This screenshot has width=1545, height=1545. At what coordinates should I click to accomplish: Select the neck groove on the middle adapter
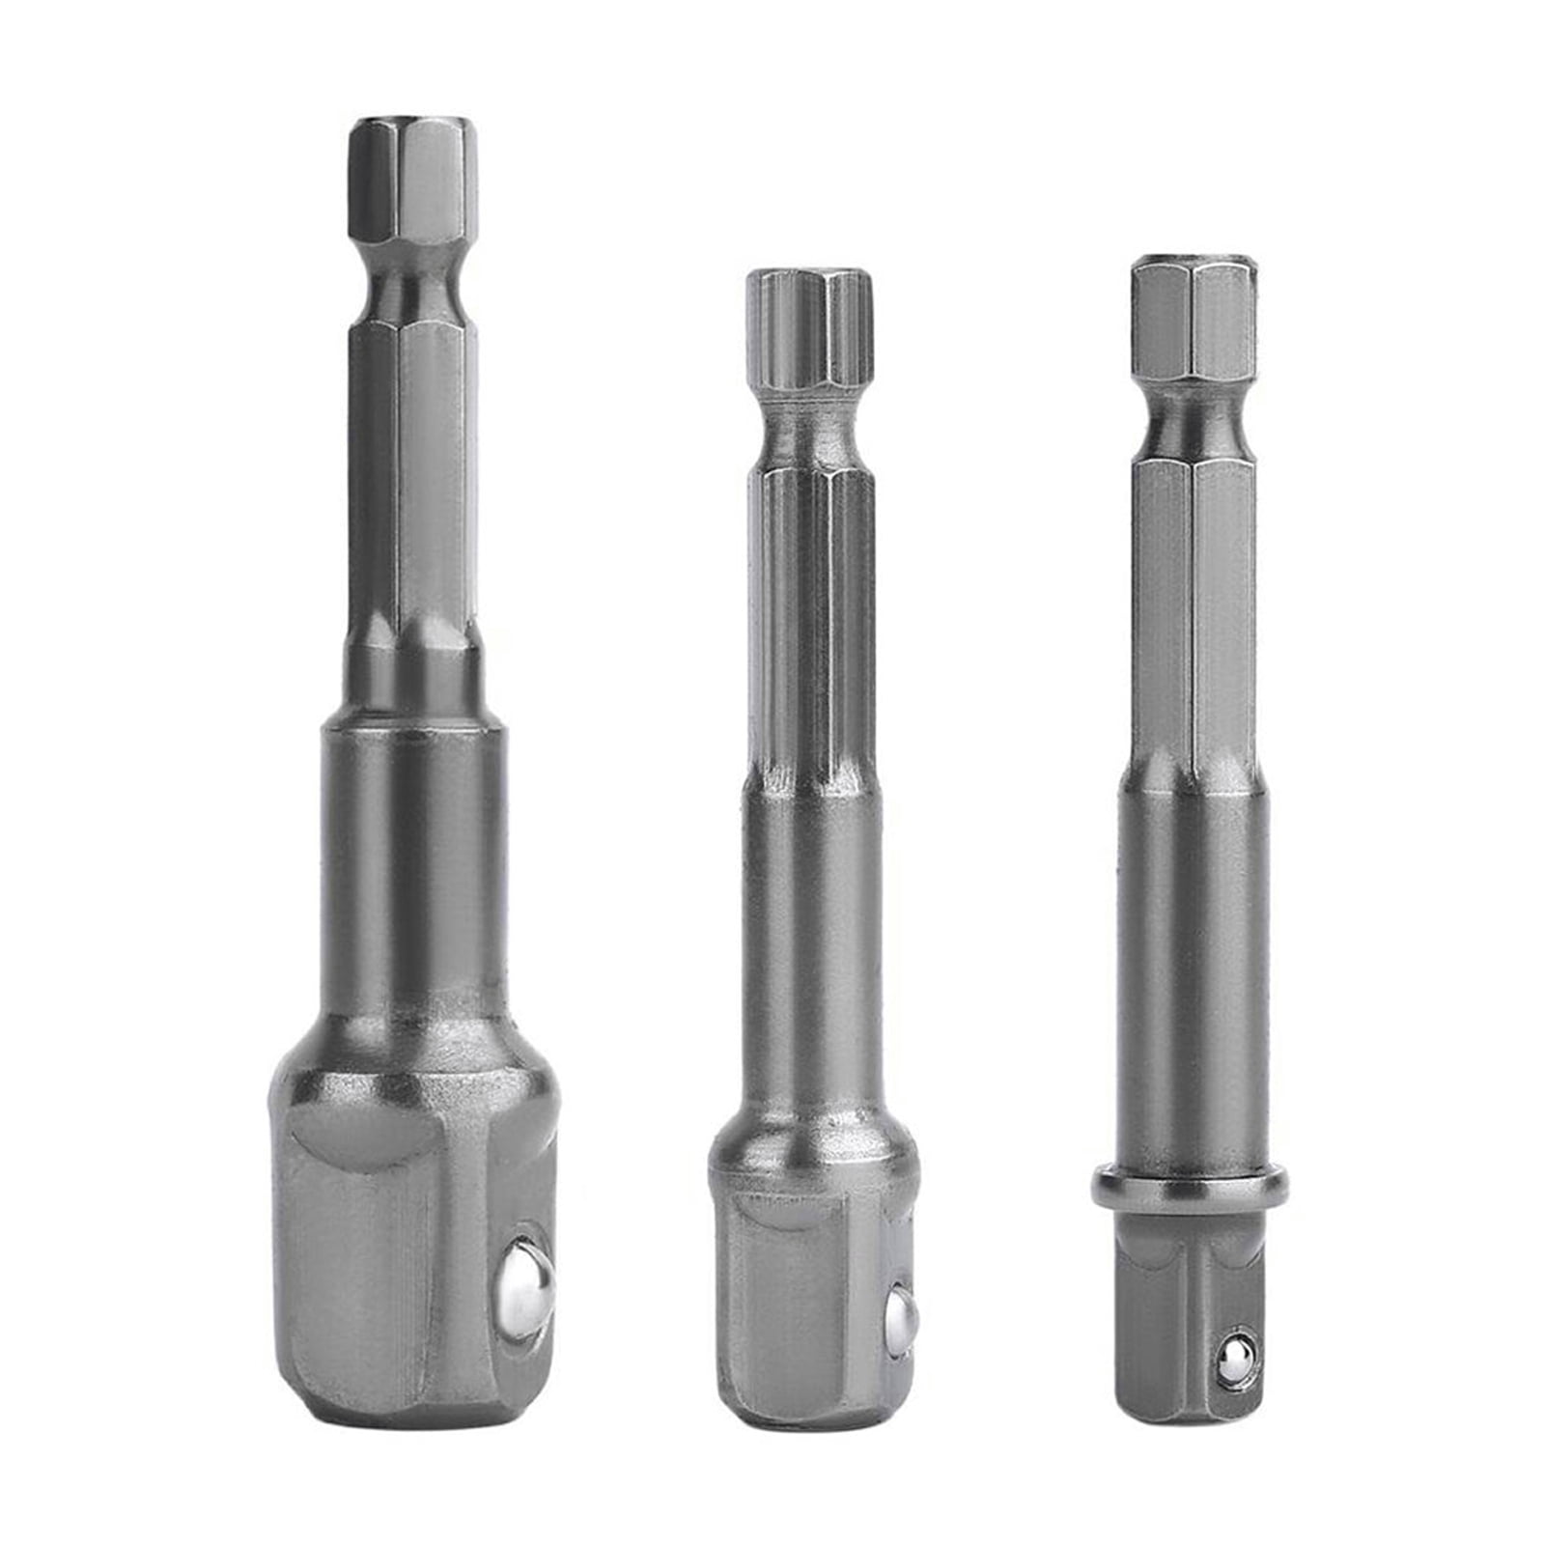[809, 435]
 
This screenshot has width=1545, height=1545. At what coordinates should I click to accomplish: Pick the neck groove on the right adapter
[1194, 420]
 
